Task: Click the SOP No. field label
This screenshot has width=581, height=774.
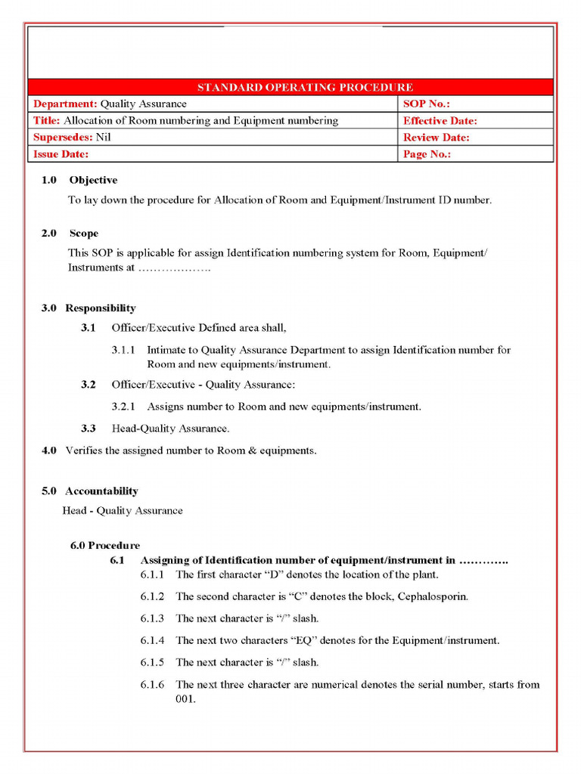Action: tap(426, 104)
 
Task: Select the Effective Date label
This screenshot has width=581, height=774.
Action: tap(440, 121)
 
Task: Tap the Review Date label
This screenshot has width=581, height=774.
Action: tap(436, 138)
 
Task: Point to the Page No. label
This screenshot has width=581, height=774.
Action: tap(427, 154)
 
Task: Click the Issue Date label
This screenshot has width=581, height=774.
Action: tap(61, 154)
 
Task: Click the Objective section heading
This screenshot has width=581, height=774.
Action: tap(93, 181)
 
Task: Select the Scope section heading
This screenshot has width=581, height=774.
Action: tap(84, 234)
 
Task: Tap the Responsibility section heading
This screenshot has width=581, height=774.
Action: tap(101, 308)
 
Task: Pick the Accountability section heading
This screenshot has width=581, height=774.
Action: tap(101, 491)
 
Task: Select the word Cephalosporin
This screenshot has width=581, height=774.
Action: tap(435, 596)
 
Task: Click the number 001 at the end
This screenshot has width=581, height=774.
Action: tap(185, 699)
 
